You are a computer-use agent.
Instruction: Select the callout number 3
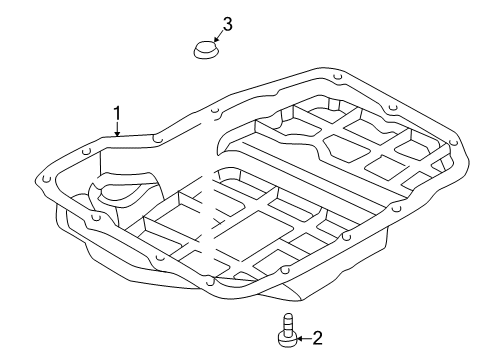tap(227, 24)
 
